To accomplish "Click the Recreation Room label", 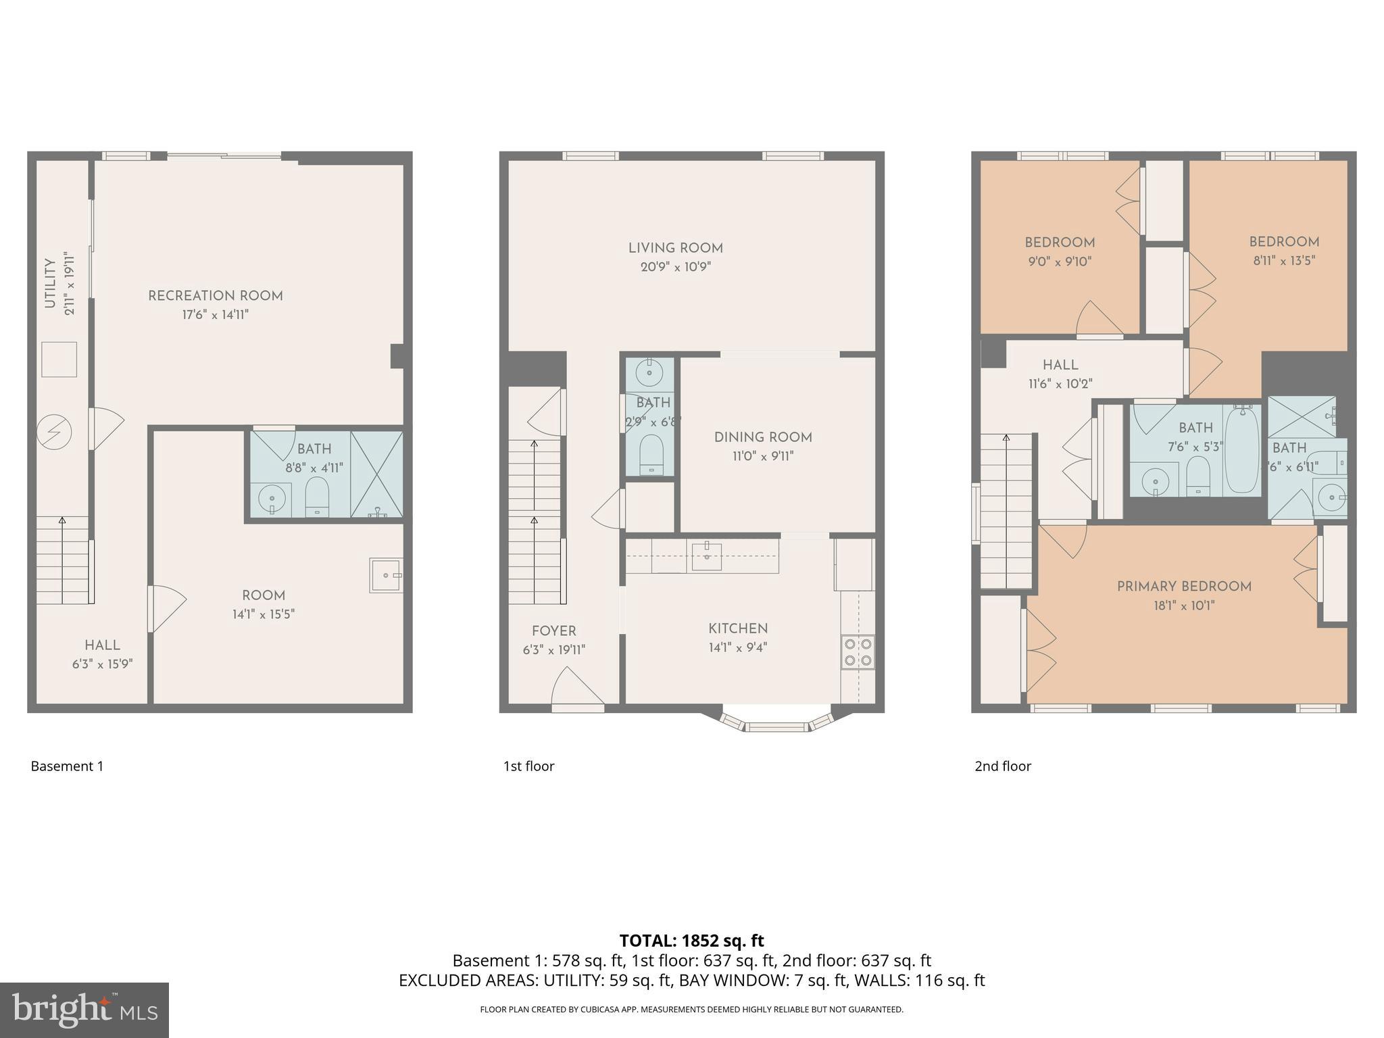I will (215, 296).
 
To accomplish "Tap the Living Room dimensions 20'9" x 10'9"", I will (675, 267).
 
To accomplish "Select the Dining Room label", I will (763, 437).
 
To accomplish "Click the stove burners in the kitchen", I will (858, 651).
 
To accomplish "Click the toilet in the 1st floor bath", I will (651, 453).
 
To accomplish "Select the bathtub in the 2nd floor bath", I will (1242, 449).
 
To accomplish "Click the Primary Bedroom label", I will (1184, 587).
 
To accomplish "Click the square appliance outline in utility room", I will (59, 360).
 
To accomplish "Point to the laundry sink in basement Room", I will (386, 575).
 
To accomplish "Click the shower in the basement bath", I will (376, 474).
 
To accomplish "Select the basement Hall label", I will (103, 645).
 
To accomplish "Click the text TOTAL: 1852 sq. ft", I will (691, 940).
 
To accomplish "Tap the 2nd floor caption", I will (1002, 766).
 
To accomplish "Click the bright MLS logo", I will (84, 1010).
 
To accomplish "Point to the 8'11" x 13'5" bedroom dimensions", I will (1283, 261).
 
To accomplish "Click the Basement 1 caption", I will (67, 766).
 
